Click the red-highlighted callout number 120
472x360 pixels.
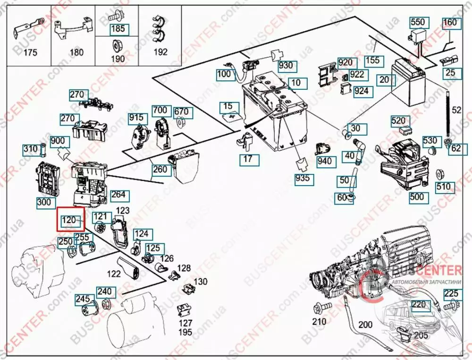pyautogui.click(x=69, y=219)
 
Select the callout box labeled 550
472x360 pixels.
pyautogui.click(x=417, y=22)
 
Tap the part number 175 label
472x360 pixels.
pyautogui.click(x=30, y=52)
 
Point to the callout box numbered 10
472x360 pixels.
pyautogui.click(x=295, y=83)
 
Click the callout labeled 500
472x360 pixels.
pyautogui.click(x=417, y=197)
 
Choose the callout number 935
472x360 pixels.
pyautogui.click(x=303, y=179)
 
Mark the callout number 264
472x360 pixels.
pyautogui.click(x=118, y=195)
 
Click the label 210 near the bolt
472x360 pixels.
pyautogui.click(x=319, y=322)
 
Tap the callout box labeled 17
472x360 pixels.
pyautogui.click(x=248, y=159)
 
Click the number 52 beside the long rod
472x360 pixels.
pyautogui.click(x=456, y=111)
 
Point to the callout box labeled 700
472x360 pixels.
pyautogui.click(x=160, y=111)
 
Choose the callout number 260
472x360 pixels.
pyautogui.click(x=160, y=169)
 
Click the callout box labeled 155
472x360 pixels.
pyautogui.click(x=372, y=60)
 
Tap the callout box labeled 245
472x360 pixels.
pyautogui.click(x=83, y=299)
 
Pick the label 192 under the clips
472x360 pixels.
pyautogui.click(x=161, y=52)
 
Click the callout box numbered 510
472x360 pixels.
pyautogui.click(x=443, y=187)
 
